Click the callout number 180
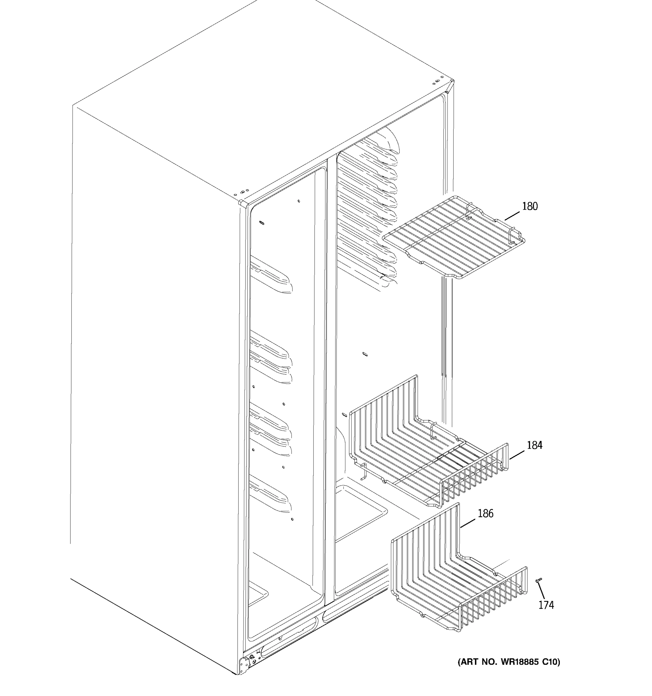(530, 206)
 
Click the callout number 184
(534, 445)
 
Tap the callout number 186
(485, 514)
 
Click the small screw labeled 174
(539, 580)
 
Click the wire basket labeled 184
(427, 455)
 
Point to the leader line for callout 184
(517, 455)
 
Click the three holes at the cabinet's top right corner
(436, 82)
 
